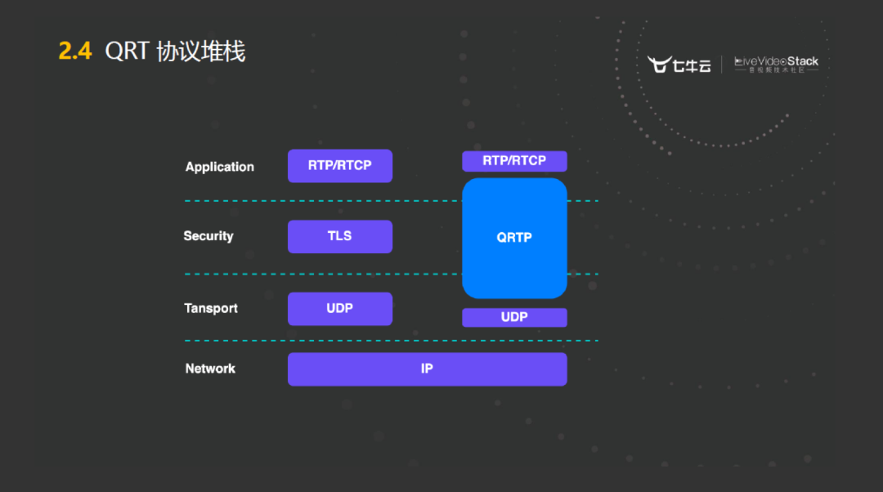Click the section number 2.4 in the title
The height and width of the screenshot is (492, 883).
tap(74, 51)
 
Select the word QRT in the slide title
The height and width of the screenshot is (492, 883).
tap(127, 51)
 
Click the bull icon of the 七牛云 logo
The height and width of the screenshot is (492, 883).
tap(659, 65)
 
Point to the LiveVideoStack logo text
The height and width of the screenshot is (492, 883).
tap(776, 62)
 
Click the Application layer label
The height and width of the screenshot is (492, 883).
tap(219, 167)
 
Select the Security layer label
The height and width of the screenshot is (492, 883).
tap(208, 236)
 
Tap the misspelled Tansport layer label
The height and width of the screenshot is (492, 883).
tap(211, 308)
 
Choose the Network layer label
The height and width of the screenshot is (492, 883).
tap(210, 369)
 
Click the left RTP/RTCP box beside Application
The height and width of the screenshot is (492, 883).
tap(339, 166)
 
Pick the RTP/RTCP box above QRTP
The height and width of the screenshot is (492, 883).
tap(514, 161)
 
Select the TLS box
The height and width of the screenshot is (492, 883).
tap(339, 236)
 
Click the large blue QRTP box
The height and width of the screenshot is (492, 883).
tap(514, 238)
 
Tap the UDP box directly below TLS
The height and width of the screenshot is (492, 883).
tap(339, 309)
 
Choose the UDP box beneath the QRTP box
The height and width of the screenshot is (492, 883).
tap(514, 317)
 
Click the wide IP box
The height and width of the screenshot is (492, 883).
tap(427, 369)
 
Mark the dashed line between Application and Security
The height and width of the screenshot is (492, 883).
tap(327, 200)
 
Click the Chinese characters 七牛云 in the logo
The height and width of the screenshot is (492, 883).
tap(693, 65)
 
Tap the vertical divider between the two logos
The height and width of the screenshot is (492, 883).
tap(722, 65)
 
